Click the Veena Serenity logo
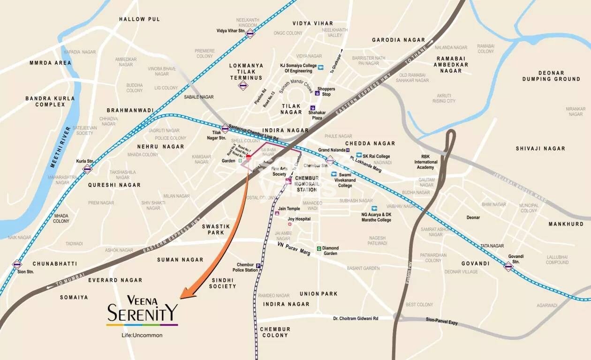coord(142,310)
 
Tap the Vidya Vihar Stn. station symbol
coord(250,33)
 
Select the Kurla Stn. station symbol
coord(87,169)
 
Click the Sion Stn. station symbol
coord(17,264)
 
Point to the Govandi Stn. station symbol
coord(508,266)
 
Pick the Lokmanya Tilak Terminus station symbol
coord(243,85)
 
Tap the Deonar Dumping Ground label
coord(551,76)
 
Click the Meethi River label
coord(60,147)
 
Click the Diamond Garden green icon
coord(319,248)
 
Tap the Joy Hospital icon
coord(290,225)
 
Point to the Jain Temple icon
coord(277,213)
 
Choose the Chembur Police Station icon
coord(258,266)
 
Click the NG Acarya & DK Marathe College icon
coord(374,208)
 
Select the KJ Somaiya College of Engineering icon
coord(321,67)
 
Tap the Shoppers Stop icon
coord(318,93)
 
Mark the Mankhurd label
coord(566,224)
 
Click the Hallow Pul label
coord(139,19)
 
